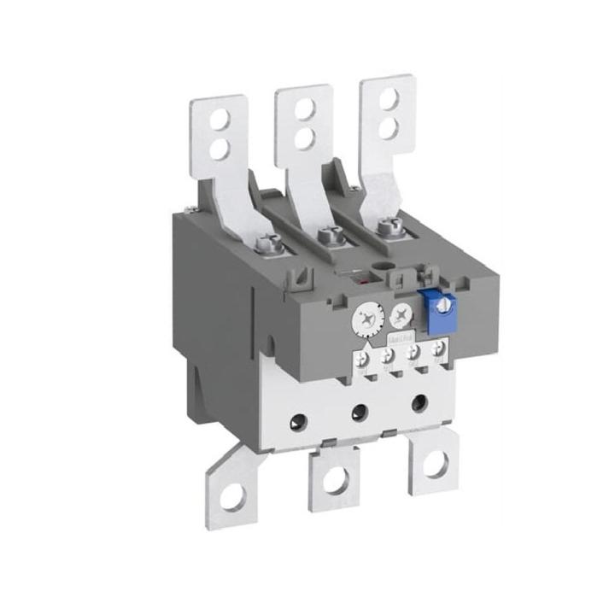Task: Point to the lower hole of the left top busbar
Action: click(x=219, y=148)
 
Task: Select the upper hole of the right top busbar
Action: click(x=388, y=97)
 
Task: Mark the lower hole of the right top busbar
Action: click(x=388, y=127)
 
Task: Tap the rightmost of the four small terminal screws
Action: click(x=439, y=347)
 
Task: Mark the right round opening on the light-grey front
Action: click(x=419, y=401)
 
